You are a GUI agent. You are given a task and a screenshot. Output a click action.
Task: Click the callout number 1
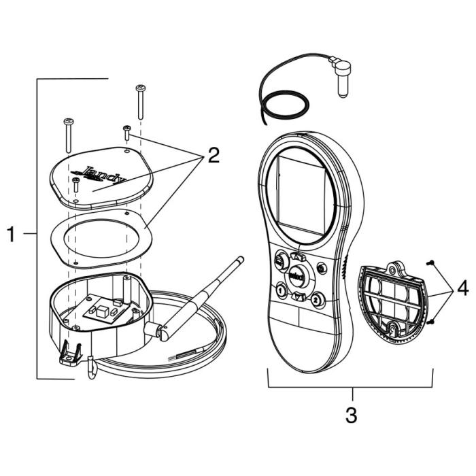click(x=11, y=235)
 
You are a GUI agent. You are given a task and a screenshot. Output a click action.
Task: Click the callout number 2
click(x=213, y=156)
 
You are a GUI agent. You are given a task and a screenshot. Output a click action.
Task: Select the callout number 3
click(x=351, y=415)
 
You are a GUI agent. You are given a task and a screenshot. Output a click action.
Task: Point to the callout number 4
click(x=462, y=289)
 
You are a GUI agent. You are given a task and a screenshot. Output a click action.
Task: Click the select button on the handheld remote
click(x=296, y=275)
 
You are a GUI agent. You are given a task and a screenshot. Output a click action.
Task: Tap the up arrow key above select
click(x=296, y=257)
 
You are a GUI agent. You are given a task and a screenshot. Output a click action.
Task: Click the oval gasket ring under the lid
click(x=102, y=238)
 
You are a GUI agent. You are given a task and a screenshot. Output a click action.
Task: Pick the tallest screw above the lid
click(x=141, y=101)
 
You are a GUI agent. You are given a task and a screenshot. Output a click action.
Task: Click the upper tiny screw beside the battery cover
click(x=430, y=262)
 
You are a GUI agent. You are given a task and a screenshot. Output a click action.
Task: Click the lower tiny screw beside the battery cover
click(x=430, y=321)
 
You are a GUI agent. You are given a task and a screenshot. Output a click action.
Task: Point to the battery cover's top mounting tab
click(x=396, y=268)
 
